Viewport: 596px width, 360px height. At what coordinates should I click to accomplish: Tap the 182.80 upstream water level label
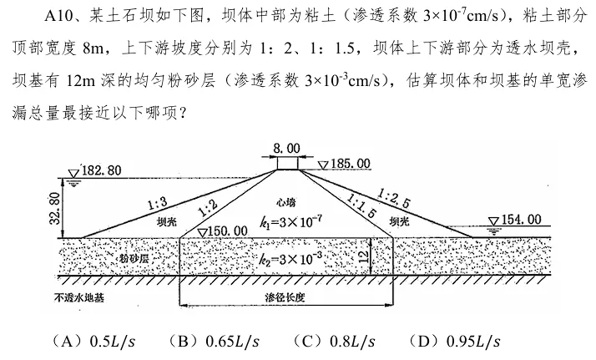click(102, 170)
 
